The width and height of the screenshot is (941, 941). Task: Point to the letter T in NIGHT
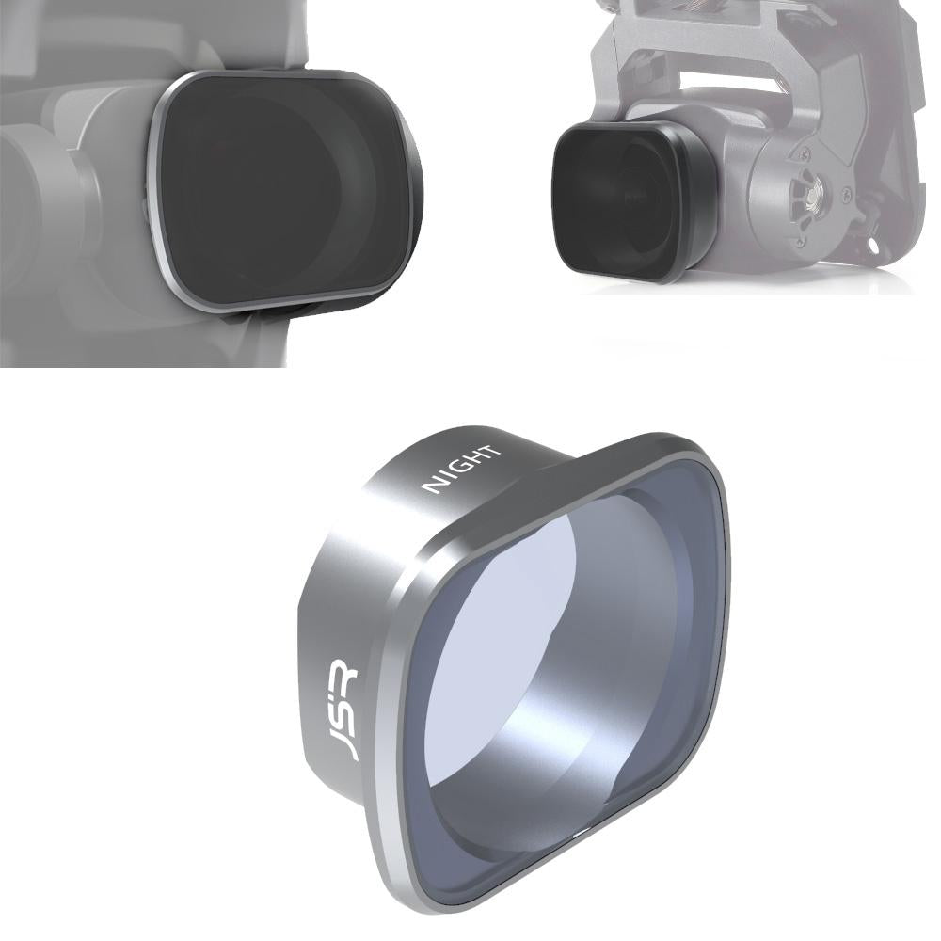coord(492,450)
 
